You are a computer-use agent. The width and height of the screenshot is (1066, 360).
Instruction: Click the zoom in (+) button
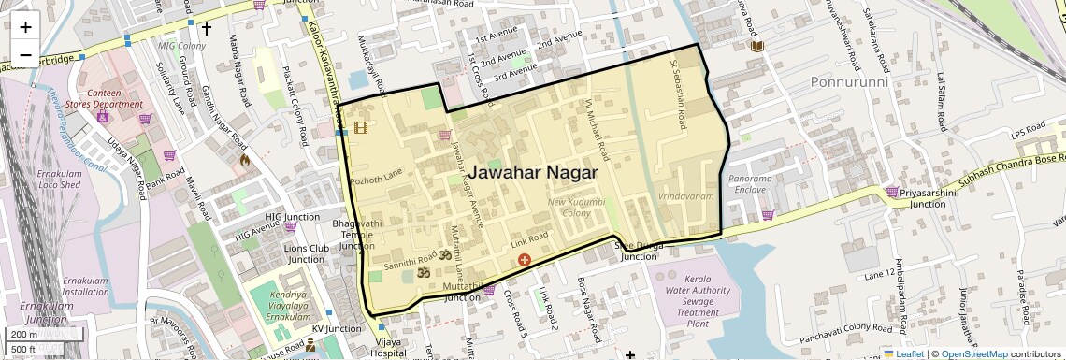click(x=25, y=26)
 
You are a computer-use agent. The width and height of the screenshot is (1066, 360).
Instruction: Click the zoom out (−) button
click(x=25, y=54)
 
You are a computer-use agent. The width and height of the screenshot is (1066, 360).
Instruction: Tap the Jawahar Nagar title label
click(x=532, y=172)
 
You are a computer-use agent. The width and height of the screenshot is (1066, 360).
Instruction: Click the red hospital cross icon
click(x=524, y=259)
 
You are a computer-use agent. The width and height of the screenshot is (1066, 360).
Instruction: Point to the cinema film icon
click(x=360, y=128)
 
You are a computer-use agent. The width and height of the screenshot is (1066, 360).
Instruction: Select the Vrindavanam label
click(x=685, y=197)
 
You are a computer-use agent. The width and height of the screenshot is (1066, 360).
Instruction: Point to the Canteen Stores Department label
click(x=116, y=98)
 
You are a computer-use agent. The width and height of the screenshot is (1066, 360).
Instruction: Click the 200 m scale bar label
click(x=24, y=335)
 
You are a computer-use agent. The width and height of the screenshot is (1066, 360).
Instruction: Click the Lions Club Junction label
click(x=306, y=253)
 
